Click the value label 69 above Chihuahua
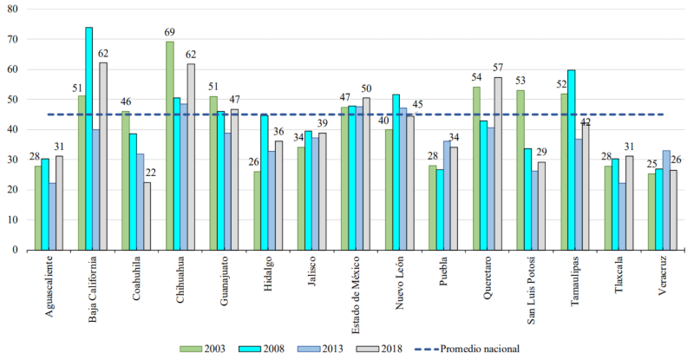pos(170,33)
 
